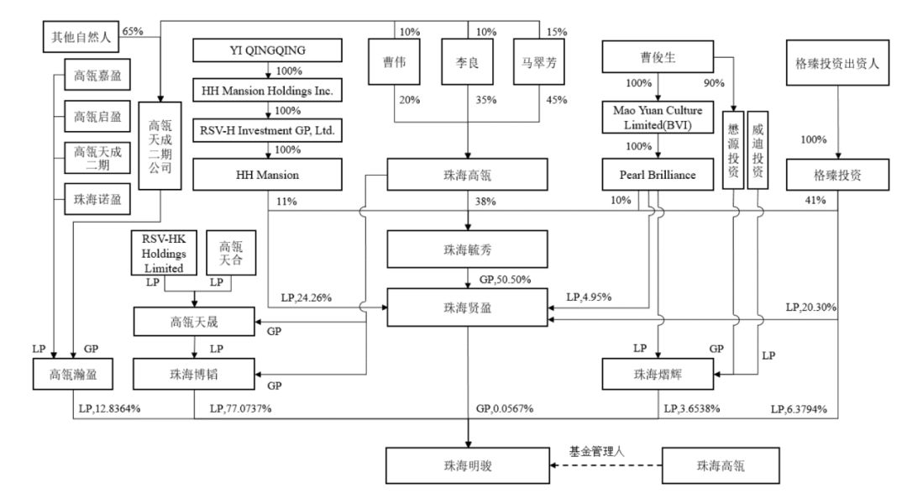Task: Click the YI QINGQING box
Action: click(268, 50)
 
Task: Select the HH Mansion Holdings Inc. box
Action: click(268, 89)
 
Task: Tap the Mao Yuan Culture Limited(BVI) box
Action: click(658, 118)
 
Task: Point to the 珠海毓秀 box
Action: click(468, 249)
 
